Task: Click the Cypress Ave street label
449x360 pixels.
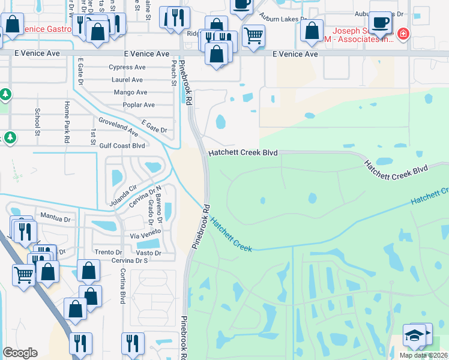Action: [x=127, y=67]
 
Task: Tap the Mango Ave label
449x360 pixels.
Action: [x=130, y=92]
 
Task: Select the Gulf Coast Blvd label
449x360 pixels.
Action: [x=122, y=145]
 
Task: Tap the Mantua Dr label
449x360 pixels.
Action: [x=55, y=215]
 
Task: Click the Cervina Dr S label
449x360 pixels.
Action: [x=129, y=260]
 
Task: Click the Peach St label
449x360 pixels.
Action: [x=173, y=71]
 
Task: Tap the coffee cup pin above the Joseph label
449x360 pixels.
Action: [x=379, y=23]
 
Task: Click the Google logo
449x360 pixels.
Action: [x=20, y=353]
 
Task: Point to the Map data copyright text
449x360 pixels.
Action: [x=423, y=355]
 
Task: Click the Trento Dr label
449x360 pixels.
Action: [x=108, y=252]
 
